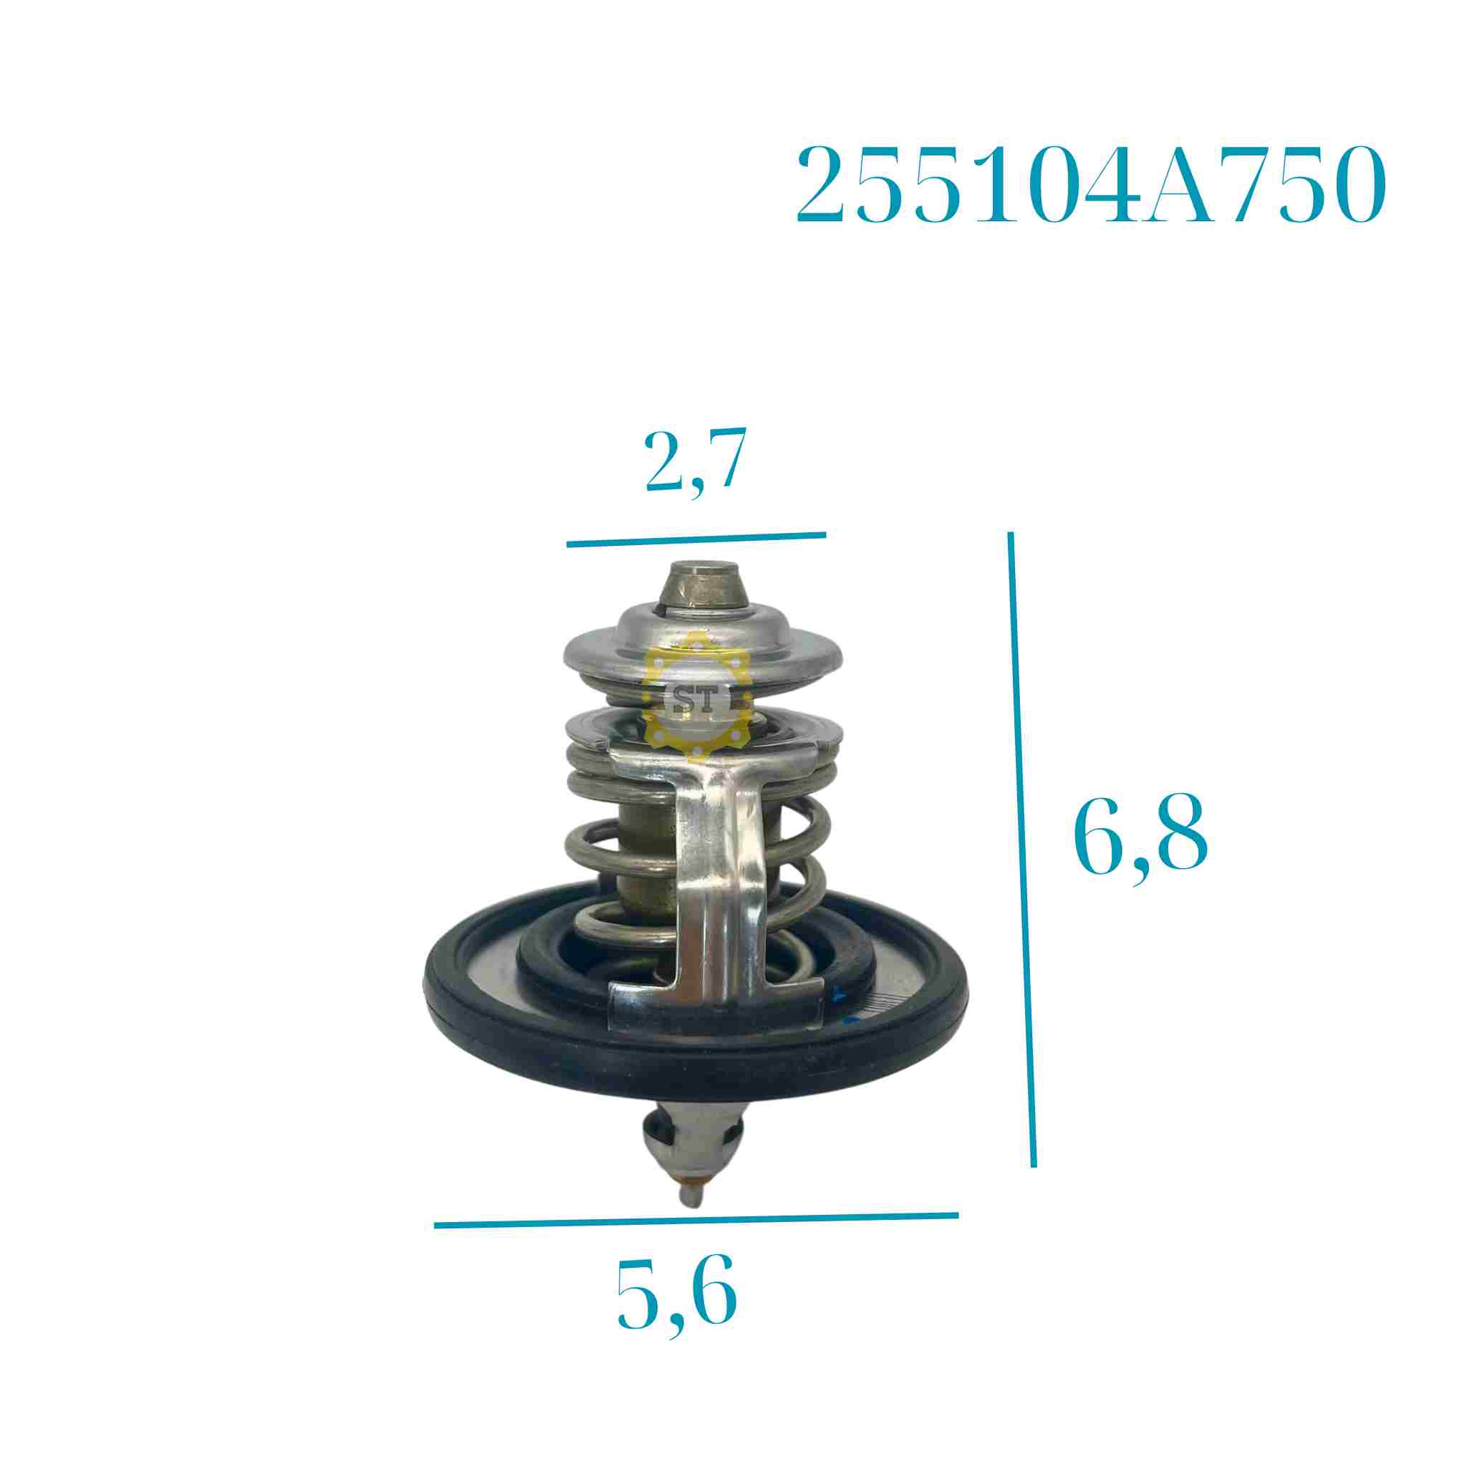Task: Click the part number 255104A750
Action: point(1091,185)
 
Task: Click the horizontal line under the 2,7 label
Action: point(696,540)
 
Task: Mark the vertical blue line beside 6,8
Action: point(1022,850)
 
